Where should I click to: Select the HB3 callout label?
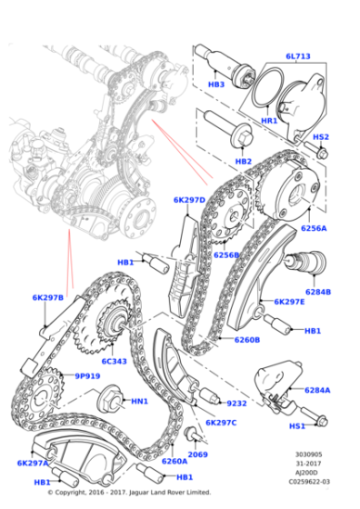click(216, 85)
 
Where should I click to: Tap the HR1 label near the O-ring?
click(270, 119)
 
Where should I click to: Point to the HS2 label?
click(321, 136)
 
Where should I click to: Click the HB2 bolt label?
click(243, 161)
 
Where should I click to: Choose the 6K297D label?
click(189, 199)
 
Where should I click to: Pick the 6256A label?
click(314, 228)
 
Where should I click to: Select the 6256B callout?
click(226, 255)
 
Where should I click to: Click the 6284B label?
click(318, 292)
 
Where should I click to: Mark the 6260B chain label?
click(247, 340)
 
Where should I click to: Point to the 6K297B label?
click(47, 297)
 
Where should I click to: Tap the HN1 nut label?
click(139, 401)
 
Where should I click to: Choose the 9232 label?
click(236, 403)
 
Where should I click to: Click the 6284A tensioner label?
click(317, 390)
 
